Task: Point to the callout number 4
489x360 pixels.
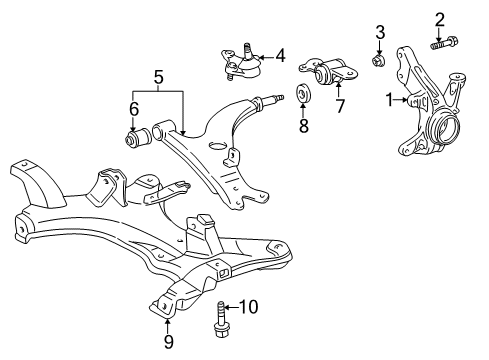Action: (x=280, y=55)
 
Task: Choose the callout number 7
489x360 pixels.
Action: (x=339, y=106)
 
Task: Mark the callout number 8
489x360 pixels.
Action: (x=303, y=126)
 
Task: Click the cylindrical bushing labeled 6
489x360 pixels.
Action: (x=134, y=135)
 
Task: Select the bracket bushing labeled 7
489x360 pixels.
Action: (x=327, y=75)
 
